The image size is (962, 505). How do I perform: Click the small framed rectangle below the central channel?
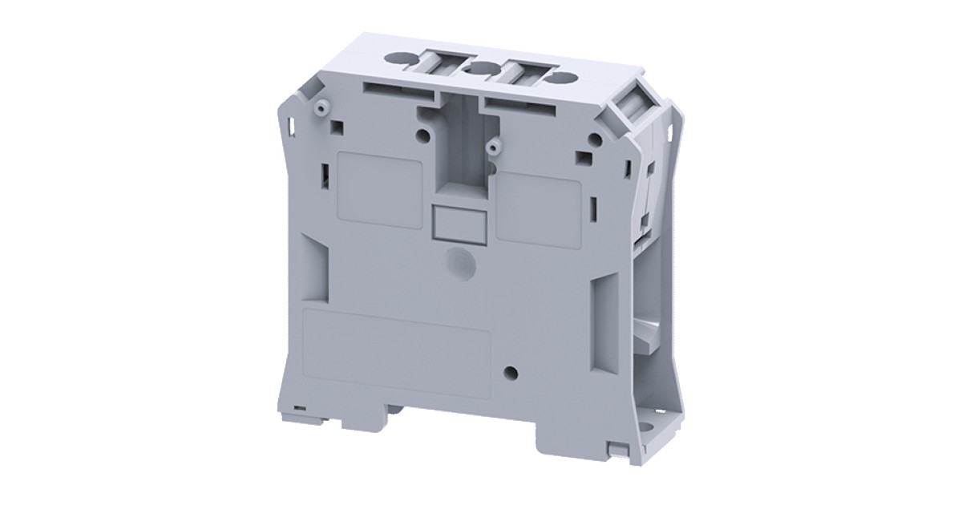pos(457,222)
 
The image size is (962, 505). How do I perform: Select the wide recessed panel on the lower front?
pos(397,345)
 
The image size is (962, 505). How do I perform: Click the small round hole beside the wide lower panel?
pos(510,371)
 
